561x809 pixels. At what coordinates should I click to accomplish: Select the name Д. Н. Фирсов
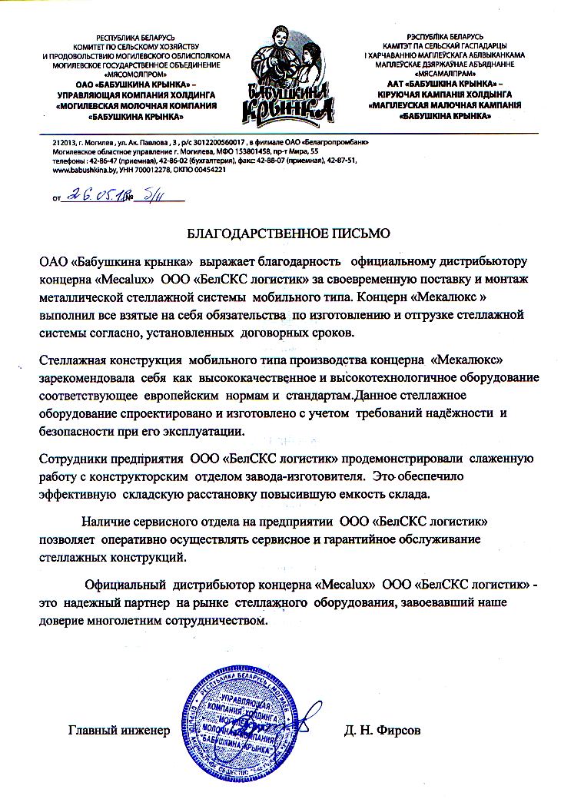tap(383, 730)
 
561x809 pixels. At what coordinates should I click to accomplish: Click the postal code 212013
tap(64, 143)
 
